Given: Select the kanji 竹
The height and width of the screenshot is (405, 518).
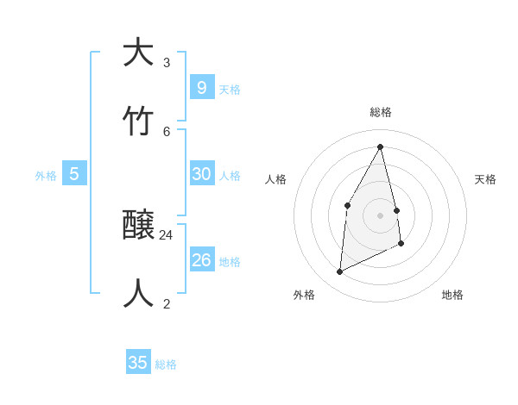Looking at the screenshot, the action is [x=138, y=121].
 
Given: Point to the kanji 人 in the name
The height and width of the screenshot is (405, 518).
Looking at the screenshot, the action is [x=138, y=294].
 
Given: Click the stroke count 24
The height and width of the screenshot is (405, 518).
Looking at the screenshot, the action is [x=167, y=234].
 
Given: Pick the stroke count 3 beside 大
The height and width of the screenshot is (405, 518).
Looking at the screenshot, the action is [x=167, y=62].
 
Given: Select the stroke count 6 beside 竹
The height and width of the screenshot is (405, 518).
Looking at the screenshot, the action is [x=167, y=131].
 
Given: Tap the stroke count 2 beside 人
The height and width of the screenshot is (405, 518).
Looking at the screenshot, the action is [x=167, y=303].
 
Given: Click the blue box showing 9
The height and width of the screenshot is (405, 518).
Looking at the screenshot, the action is [x=201, y=87].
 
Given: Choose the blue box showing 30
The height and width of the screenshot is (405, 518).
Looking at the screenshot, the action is [x=201, y=173].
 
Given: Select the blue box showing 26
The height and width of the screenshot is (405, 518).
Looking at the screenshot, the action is [x=201, y=259].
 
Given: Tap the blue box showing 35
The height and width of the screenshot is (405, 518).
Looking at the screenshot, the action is [x=138, y=363].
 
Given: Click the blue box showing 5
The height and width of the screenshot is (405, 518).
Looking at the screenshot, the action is [x=74, y=173].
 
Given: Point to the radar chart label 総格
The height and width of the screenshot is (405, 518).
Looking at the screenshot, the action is [x=381, y=112].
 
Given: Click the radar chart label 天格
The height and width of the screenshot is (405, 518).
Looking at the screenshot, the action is [x=486, y=179].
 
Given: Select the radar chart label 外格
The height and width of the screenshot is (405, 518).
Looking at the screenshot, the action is [x=304, y=295].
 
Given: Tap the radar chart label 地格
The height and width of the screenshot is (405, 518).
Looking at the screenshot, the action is [x=452, y=295].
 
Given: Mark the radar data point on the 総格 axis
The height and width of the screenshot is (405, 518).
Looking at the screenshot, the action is [x=381, y=146].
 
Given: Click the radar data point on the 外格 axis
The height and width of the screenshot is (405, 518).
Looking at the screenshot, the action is [x=339, y=272].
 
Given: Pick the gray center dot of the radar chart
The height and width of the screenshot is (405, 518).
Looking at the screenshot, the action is [x=381, y=215].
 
